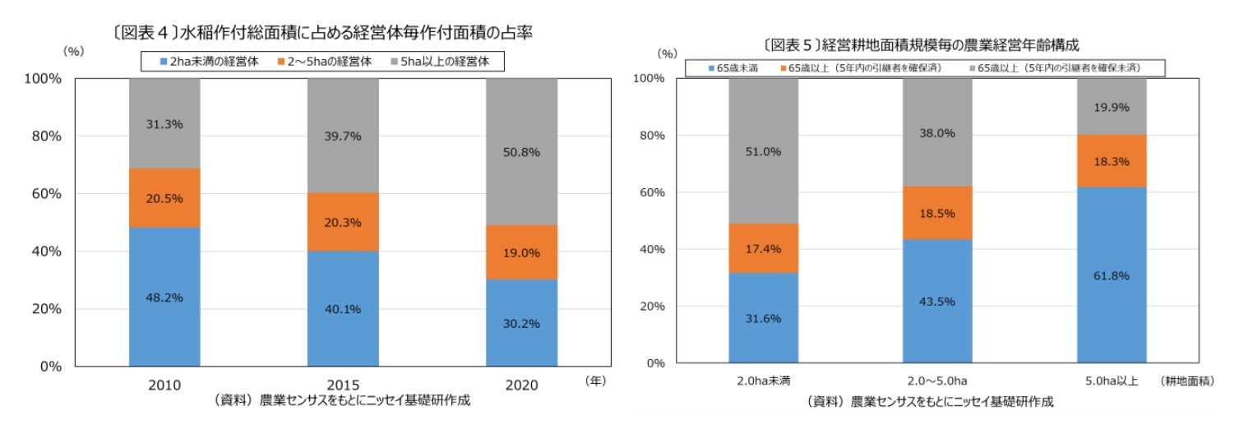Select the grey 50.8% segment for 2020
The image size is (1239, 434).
521,151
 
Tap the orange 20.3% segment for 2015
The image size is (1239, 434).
343,222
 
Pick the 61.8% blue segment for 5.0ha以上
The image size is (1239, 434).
1112,275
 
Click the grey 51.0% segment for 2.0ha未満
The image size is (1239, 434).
764,151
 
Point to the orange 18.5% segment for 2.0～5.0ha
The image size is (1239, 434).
937,213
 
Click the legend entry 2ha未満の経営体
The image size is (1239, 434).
207,61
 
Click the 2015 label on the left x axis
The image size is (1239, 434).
343,385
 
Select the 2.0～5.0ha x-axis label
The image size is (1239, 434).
937,381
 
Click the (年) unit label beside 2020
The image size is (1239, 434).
596,381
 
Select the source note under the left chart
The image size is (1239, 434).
343,401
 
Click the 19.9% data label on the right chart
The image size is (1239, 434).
1112,107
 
